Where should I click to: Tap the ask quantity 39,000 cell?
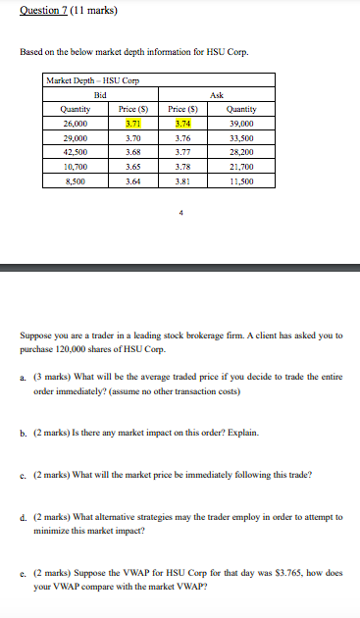[240, 125]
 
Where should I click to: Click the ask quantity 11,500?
[240, 181]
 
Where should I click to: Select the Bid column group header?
[101, 94]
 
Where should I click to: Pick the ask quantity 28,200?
[240, 153]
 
